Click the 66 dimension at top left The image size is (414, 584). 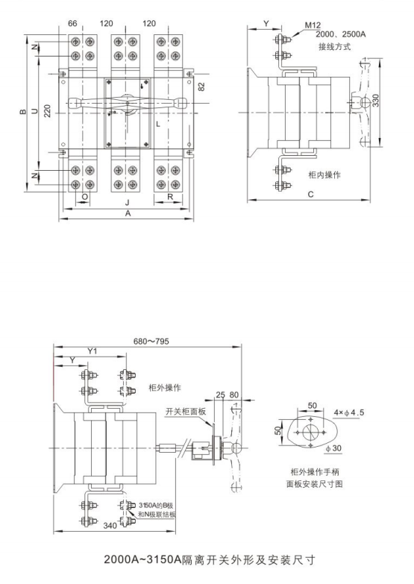[x=72, y=23]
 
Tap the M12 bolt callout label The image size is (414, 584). [x=313, y=25]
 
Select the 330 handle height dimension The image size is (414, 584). [x=376, y=101]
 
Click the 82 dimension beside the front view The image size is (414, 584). [x=201, y=87]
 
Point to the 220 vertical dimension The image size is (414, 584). [x=47, y=110]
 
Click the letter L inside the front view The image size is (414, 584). [x=158, y=124]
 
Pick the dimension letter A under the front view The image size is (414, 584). [x=128, y=213]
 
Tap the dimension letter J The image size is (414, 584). [x=127, y=203]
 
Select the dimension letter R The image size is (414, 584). [x=170, y=197]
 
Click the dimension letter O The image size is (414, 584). [x=85, y=197]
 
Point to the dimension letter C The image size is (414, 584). [x=311, y=194]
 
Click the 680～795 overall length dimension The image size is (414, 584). [x=151, y=341]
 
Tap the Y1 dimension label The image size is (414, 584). [x=92, y=351]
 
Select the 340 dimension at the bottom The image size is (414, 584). [x=110, y=526]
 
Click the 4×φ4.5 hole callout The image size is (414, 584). [x=349, y=412]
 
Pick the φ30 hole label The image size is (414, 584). [x=333, y=448]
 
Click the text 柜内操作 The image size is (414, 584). [x=324, y=175]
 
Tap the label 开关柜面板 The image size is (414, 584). [x=185, y=411]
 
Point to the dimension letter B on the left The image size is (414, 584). [x=23, y=111]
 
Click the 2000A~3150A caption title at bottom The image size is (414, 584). [x=210, y=559]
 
